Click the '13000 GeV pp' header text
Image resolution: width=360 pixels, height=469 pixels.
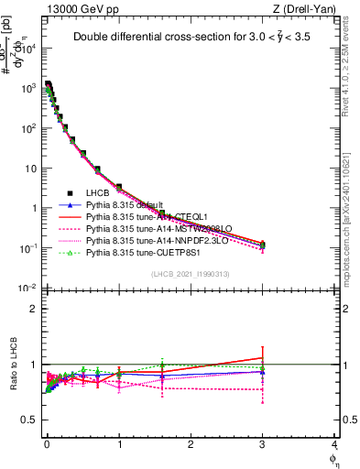point(78,9)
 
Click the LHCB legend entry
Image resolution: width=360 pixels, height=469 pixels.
point(97,192)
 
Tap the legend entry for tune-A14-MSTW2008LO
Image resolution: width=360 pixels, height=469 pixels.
point(147,228)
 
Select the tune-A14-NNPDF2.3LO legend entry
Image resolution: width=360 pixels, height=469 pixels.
point(147,240)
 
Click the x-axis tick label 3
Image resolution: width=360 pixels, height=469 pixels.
point(263,446)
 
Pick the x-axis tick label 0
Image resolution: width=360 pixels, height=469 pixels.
point(47,446)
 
